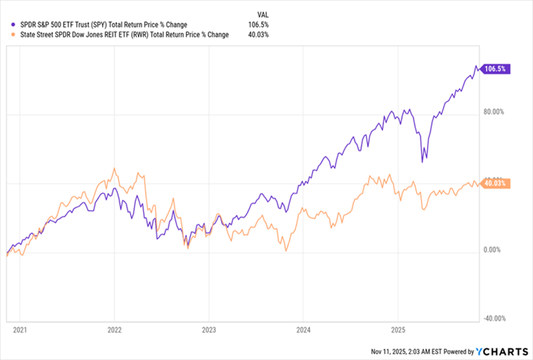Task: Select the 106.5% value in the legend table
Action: (259, 24)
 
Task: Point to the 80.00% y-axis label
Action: (493, 112)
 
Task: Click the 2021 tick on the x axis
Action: (19, 329)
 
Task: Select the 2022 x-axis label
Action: (114, 329)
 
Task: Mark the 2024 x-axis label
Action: (303, 329)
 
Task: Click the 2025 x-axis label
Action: (398, 329)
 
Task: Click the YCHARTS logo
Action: (502, 351)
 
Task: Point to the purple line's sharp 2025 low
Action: (423, 162)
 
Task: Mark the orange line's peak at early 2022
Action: (114, 168)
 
